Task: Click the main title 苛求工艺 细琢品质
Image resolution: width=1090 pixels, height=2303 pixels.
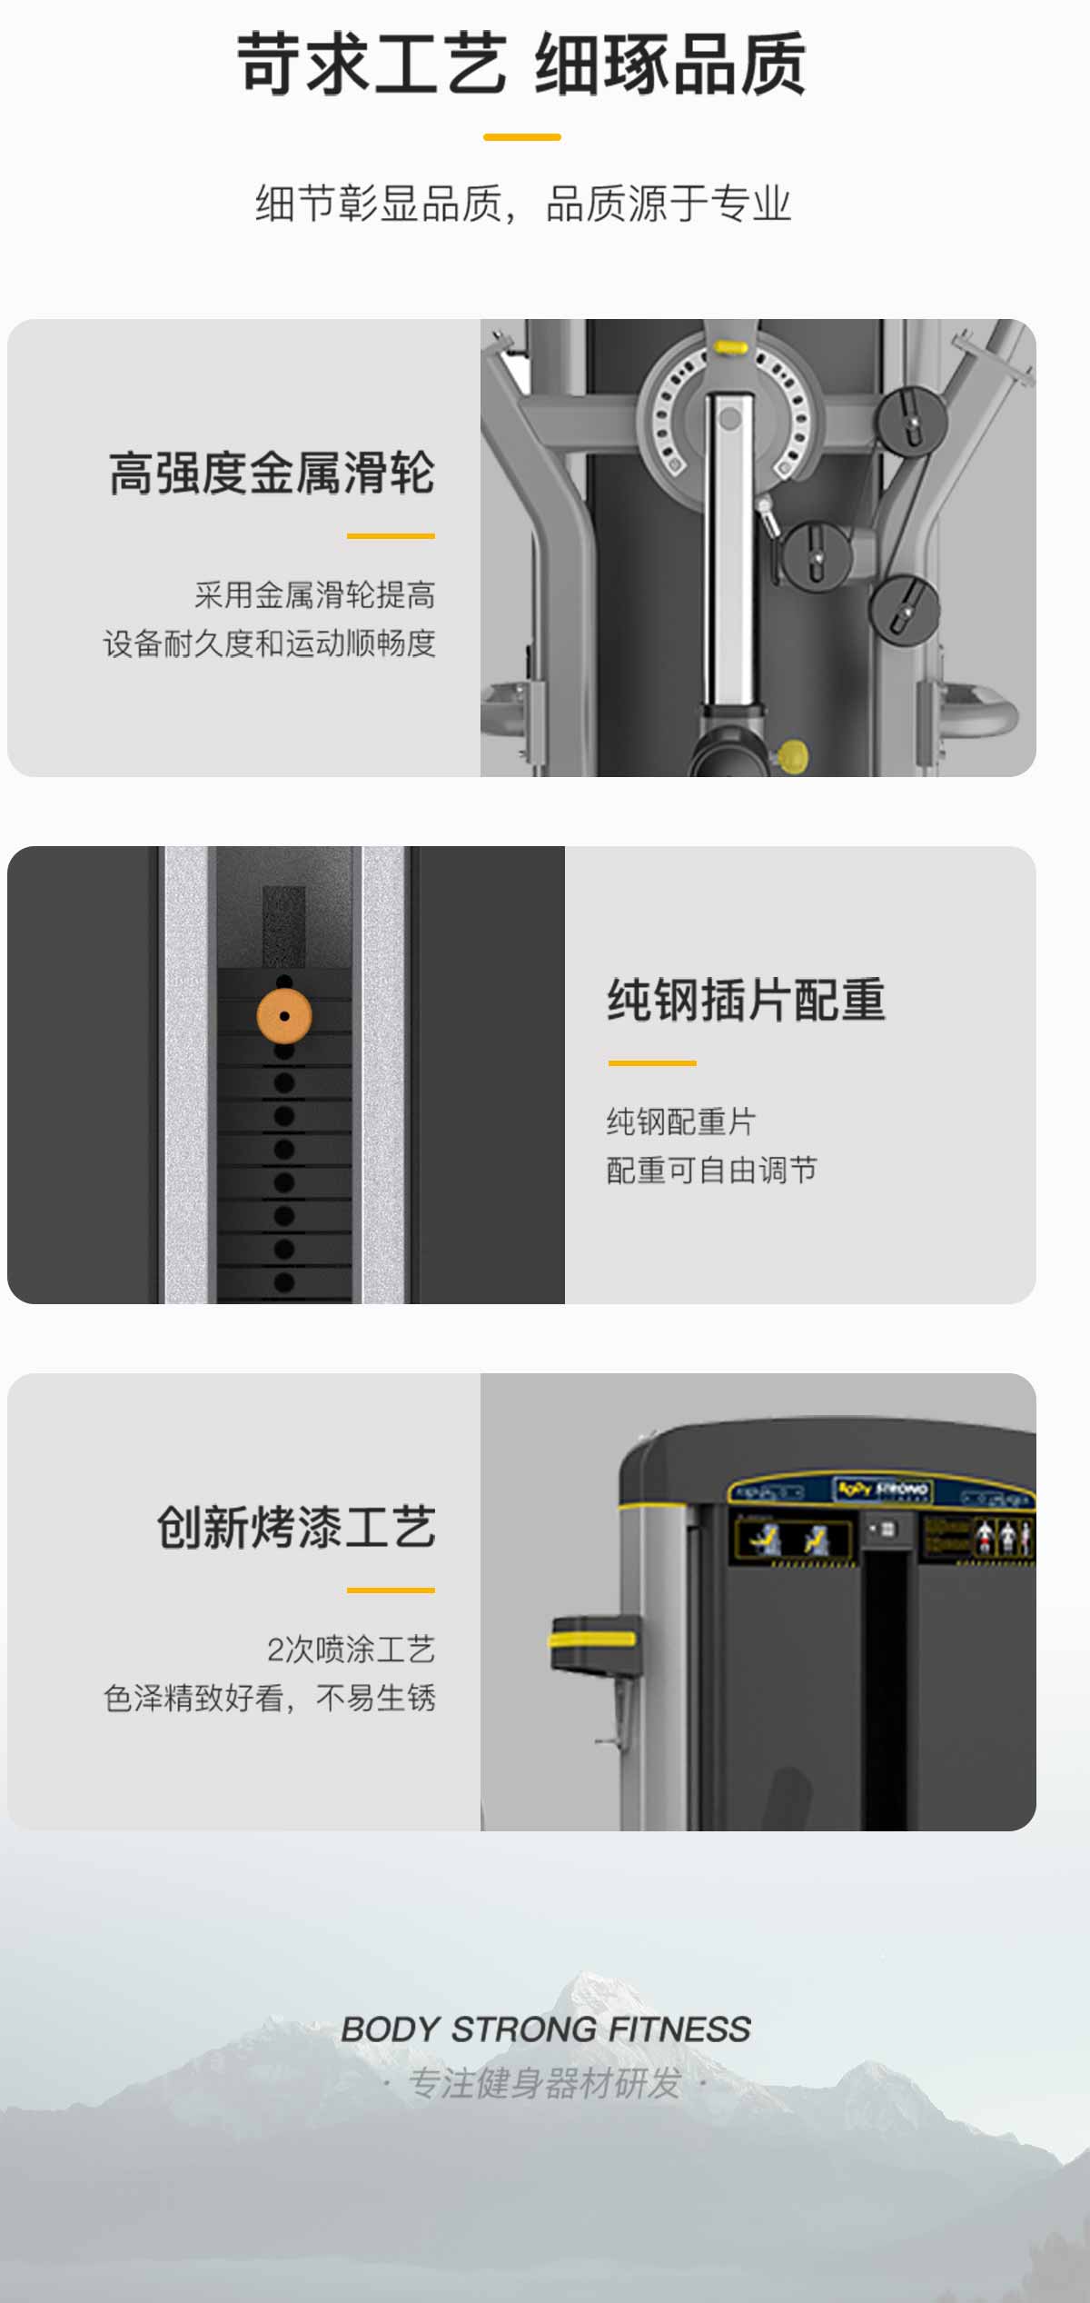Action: (x=521, y=64)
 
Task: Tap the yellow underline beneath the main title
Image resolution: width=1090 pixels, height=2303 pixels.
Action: (x=521, y=137)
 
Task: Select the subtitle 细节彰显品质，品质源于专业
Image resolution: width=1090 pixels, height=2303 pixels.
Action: (x=523, y=204)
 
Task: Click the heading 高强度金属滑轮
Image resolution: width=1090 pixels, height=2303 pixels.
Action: (x=272, y=473)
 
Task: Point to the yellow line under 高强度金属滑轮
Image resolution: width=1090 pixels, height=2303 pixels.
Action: (x=391, y=536)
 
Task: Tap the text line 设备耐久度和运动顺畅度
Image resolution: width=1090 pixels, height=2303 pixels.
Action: (x=270, y=643)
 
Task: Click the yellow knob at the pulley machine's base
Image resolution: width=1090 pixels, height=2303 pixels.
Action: (x=792, y=753)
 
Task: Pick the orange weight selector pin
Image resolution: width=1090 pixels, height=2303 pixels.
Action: (x=284, y=1016)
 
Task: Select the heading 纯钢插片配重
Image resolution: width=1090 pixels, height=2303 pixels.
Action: (x=746, y=1000)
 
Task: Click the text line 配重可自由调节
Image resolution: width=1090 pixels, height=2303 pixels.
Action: (x=712, y=1171)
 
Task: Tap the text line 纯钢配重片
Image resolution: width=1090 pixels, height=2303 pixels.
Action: (x=681, y=1122)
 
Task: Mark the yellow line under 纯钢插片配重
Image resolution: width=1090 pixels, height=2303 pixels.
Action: (x=652, y=1062)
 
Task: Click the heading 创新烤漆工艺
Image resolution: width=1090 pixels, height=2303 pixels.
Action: (x=296, y=1527)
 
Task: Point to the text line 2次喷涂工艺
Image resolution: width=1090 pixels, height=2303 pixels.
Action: (x=351, y=1649)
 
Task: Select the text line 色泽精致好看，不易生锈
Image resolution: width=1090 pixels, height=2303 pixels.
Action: (x=270, y=1698)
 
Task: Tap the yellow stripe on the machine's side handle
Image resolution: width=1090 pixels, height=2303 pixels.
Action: (x=592, y=1640)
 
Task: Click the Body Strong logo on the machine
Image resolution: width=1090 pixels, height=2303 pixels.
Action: (x=881, y=1490)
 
